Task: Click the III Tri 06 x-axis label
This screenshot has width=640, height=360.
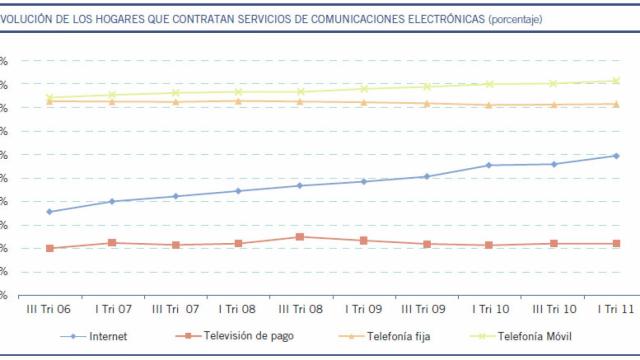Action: tap(49, 310)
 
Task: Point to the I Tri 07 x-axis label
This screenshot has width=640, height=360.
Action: tap(112, 310)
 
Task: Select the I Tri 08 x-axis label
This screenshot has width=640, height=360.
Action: tap(238, 310)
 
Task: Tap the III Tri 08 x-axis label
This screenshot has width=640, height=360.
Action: tap(300, 310)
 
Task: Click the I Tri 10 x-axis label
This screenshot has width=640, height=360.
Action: tap(488, 310)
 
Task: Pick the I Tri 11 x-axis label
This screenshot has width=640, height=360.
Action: tap(614, 310)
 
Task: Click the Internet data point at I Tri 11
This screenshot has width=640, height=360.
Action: tap(615, 156)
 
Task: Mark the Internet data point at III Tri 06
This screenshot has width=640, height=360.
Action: tap(50, 211)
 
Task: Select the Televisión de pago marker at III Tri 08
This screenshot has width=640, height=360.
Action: tap(301, 237)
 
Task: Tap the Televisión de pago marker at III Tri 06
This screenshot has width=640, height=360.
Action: tap(50, 248)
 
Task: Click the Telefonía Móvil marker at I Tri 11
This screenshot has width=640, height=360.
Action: tap(615, 81)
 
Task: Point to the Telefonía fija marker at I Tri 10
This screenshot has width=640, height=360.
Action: tap(489, 105)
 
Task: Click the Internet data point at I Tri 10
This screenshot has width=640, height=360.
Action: tap(489, 165)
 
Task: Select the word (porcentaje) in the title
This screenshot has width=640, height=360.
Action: tap(516, 18)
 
